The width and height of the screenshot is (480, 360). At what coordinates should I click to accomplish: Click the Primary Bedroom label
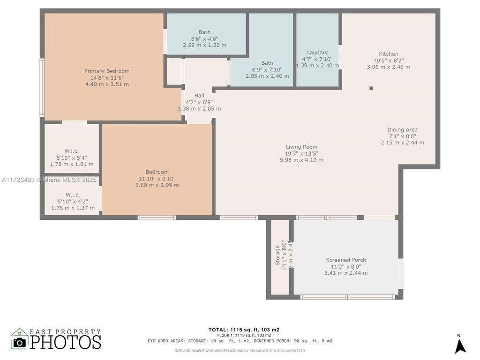107,71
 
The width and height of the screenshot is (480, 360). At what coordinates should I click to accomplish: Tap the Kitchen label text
389,54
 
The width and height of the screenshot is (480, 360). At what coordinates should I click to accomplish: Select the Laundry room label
317,52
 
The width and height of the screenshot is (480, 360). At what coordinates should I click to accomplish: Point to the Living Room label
301,147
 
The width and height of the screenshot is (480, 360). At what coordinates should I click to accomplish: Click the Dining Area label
402,130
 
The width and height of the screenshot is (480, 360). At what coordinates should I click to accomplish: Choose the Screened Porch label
346,260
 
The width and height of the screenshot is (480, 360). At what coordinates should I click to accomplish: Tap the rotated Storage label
277,255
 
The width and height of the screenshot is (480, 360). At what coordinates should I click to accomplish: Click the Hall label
199,96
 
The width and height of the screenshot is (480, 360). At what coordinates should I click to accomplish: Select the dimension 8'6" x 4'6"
204,39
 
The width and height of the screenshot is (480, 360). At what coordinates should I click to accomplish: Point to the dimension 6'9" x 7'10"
267,69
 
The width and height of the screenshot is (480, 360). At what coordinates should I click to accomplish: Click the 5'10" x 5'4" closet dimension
72,157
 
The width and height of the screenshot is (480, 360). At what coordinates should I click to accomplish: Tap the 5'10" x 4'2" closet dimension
73,201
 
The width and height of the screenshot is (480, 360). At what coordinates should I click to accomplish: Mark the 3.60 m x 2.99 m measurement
157,185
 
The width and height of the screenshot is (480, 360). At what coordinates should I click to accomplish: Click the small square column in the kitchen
371,88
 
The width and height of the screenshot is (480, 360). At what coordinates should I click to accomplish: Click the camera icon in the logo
20,342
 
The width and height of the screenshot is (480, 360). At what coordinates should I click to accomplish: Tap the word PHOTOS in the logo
66,342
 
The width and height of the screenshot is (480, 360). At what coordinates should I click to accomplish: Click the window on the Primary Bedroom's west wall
42,88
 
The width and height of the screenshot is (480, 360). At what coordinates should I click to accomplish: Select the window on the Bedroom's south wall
157,217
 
